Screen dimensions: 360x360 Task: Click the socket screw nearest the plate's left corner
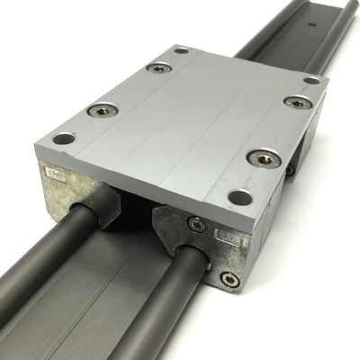(102, 111)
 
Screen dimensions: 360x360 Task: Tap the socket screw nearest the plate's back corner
(159, 67)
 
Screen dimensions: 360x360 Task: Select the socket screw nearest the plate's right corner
(298, 103)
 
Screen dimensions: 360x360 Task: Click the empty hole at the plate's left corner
(63, 139)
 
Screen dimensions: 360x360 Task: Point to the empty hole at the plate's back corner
(181, 51)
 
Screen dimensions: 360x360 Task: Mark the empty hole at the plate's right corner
(311, 81)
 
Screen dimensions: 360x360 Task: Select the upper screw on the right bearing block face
(196, 223)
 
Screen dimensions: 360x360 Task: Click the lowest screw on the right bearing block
(231, 280)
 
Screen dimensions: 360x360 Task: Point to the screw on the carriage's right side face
(289, 168)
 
